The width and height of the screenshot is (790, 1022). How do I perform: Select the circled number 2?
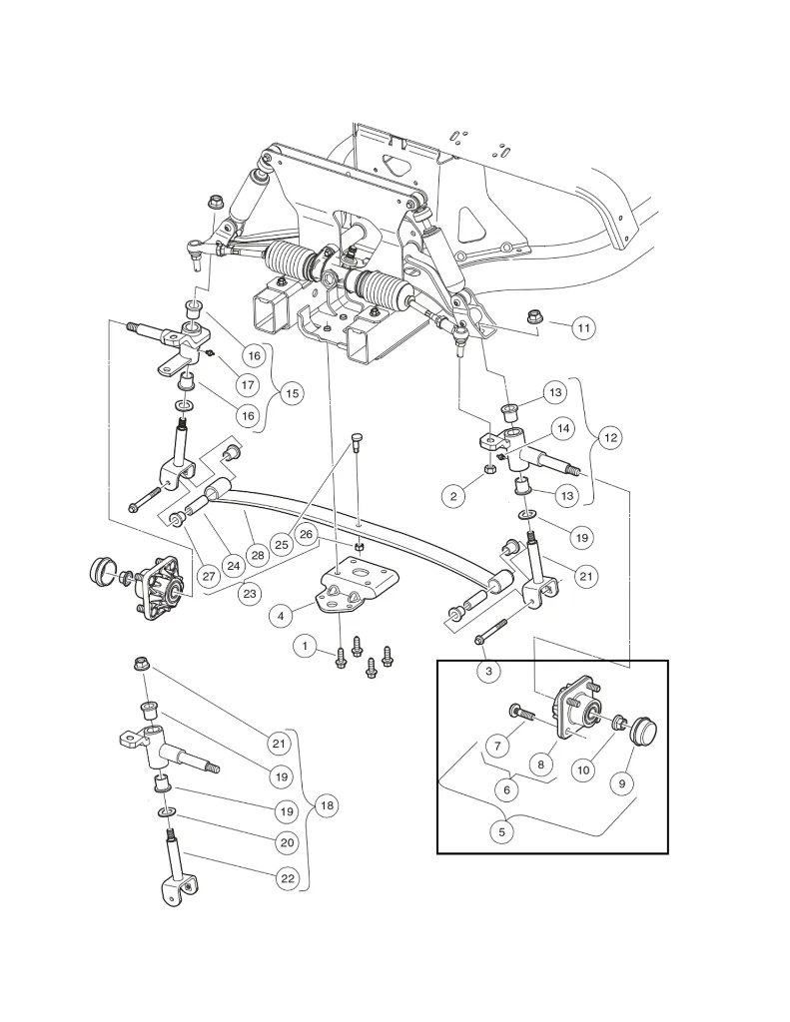[455, 494]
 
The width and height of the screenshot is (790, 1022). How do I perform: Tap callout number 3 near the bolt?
[488, 671]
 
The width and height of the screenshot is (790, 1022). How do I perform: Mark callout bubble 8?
[540, 765]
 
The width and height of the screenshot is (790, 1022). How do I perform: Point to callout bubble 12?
[610, 436]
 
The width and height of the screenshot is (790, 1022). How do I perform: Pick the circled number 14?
[563, 428]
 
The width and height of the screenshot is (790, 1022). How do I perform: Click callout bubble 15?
[291, 393]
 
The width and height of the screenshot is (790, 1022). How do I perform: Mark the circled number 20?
[288, 842]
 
